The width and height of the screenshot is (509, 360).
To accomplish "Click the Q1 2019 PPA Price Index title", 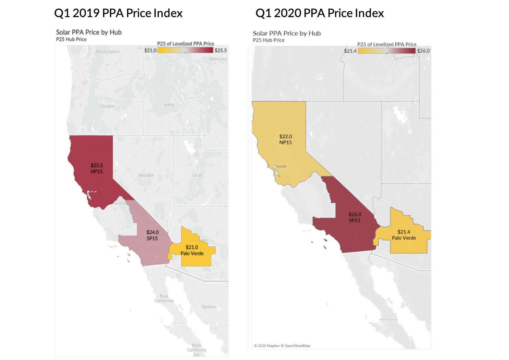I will [118, 13].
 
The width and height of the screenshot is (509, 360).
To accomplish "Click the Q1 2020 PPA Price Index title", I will [320, 13].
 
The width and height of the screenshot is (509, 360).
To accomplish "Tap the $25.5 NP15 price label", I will [97, 168].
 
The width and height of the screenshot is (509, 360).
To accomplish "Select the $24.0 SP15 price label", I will [152, 235].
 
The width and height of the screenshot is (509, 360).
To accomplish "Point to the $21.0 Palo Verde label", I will [192, 250].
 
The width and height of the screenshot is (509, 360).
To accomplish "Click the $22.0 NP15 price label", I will [286, 139].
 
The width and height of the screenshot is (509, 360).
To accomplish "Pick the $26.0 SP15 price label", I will [355, 217].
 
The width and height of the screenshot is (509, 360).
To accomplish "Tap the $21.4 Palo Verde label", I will [404, 235].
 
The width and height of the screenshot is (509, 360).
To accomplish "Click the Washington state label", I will [108, 52].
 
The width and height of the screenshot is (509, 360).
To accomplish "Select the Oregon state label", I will [108, 106].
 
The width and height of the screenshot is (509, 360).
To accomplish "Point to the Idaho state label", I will [169, 105].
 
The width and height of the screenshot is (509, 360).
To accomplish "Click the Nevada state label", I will [146, 175].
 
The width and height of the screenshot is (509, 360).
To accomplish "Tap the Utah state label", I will [197, 175].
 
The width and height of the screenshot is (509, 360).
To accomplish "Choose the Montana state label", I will [218, 59].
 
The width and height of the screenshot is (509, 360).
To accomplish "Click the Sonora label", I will [209, 307].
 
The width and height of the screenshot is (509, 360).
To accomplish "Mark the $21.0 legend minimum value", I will [150, 50].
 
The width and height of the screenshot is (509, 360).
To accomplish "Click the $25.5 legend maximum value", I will [221, 50].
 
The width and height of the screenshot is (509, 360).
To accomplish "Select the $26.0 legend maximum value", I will [423, 51].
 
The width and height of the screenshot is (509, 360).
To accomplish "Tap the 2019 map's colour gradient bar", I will [185, 50].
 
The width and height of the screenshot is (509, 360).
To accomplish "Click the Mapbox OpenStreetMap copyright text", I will [282, 346].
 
